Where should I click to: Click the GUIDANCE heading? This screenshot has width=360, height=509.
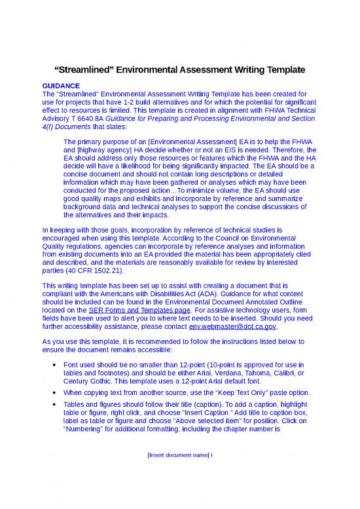pos(60,86)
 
